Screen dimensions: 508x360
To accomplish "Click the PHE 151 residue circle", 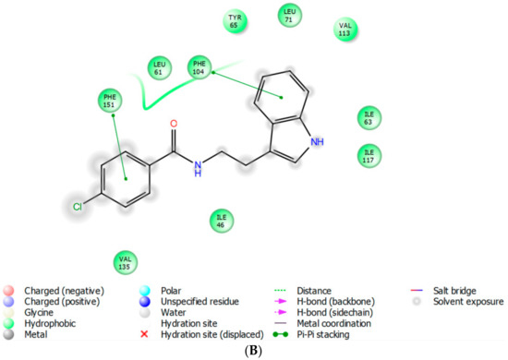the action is point(110,101).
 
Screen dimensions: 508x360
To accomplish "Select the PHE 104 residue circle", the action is point(200,67).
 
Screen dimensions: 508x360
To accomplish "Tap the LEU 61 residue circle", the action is point(159,68).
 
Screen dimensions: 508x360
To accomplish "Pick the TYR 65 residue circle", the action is point(235,21).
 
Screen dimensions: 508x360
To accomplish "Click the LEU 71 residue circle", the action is point(290,15).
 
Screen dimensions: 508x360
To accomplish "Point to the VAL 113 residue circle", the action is point(345,30).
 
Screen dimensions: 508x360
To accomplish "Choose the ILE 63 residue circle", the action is point(369,118).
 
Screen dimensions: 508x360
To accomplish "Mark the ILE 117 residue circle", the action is point(369,156).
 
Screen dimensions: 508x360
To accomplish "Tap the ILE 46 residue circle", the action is point(222,221).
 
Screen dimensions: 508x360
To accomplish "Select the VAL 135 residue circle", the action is point(125,262).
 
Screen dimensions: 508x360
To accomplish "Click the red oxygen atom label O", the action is point(174,124).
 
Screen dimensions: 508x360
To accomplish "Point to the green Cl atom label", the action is point(78,207).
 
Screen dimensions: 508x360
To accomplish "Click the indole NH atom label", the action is point(317,142).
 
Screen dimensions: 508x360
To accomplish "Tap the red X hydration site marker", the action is point(144,334).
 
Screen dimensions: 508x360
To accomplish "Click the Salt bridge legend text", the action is point(454,291).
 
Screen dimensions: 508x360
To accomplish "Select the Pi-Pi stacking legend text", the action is point(323,334).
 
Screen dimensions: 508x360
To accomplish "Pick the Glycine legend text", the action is point(39,313).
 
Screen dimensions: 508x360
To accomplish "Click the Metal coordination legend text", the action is point(334,323).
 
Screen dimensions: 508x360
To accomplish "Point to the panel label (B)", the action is point(253,352).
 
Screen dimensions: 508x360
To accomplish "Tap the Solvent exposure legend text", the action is point(468,302).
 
